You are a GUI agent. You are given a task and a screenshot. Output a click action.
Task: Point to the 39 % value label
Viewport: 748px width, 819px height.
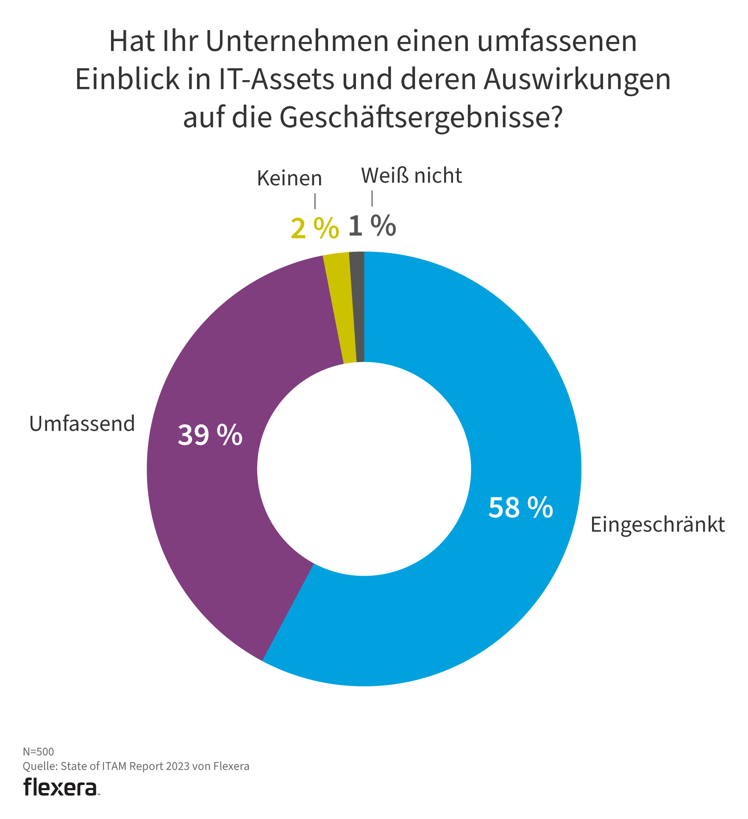click(x=210, y=435)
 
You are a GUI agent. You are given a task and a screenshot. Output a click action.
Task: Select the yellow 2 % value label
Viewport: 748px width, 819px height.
click(x=314, y=229)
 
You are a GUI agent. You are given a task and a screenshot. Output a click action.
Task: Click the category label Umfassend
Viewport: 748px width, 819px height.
click(x=82, y=424)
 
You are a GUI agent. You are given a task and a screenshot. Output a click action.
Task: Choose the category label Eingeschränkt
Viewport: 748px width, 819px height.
click(x=657, y=525)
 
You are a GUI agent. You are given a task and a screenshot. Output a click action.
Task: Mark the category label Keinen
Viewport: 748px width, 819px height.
click(x=289, y=178)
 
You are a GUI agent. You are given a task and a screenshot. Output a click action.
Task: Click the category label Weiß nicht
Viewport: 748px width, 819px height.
click(x=411, y=176)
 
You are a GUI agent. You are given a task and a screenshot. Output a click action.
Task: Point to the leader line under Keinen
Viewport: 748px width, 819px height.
click(x=315, y=201)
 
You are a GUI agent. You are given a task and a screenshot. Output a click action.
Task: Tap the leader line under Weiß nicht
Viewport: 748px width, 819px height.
click(x=372, y=198)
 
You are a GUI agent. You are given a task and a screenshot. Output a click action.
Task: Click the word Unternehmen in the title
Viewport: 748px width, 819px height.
click(x=297, y=42)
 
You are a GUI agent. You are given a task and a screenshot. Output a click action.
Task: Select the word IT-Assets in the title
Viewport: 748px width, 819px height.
click(x=276, y=80)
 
